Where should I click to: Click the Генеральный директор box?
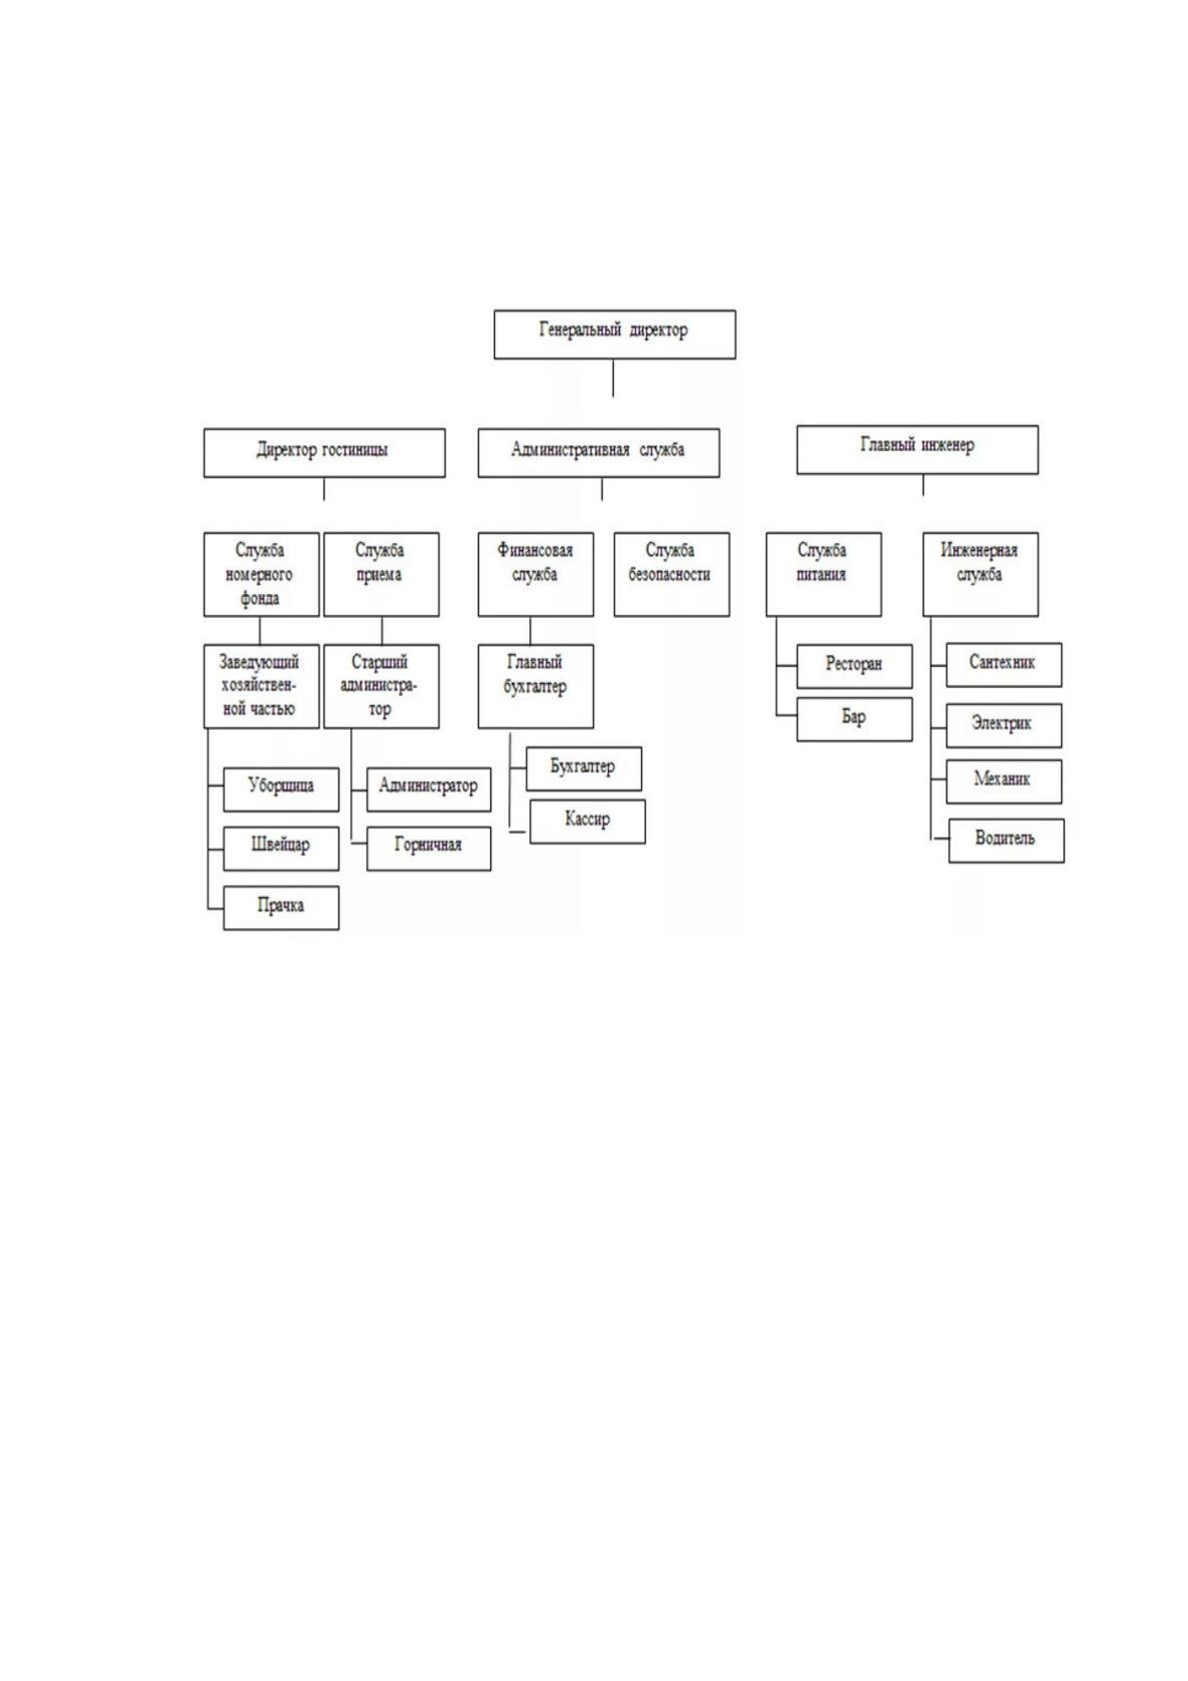[614, 334]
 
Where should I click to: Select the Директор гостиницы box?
[324, 452]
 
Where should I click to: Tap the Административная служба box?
[598, 452]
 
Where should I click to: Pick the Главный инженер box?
[917, 449]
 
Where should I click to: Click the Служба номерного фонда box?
[262, 574]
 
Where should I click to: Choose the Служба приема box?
[381, 574]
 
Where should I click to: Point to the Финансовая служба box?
[536, 574]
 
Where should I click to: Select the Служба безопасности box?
[672, 574]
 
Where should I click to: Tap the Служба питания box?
[824, 574]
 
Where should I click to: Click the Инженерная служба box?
[980, 574]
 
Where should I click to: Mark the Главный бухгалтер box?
[536, 686]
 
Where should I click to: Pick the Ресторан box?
[854, 666]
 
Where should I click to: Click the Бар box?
[854, 719]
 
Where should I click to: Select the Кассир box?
[588, 821]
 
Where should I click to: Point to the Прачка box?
[281, 907]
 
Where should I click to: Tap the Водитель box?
[1006, 840]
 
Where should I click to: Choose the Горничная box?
[428, 848]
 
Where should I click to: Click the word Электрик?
[1001, 724]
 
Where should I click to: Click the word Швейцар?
[280, 845]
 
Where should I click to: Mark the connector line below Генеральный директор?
[613, 377]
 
